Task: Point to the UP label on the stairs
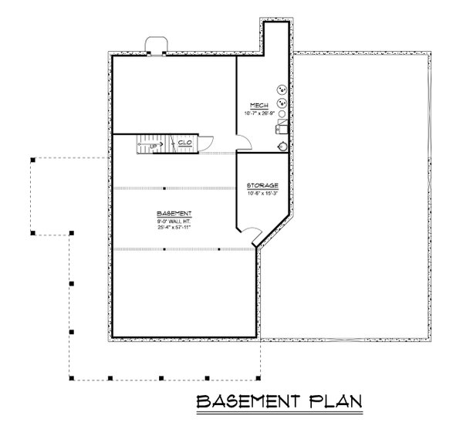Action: click(154, 144)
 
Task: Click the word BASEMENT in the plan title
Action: click(248, 402)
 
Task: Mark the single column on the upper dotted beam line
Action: click(165, 188)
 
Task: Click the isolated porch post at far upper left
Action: click(32, 160)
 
